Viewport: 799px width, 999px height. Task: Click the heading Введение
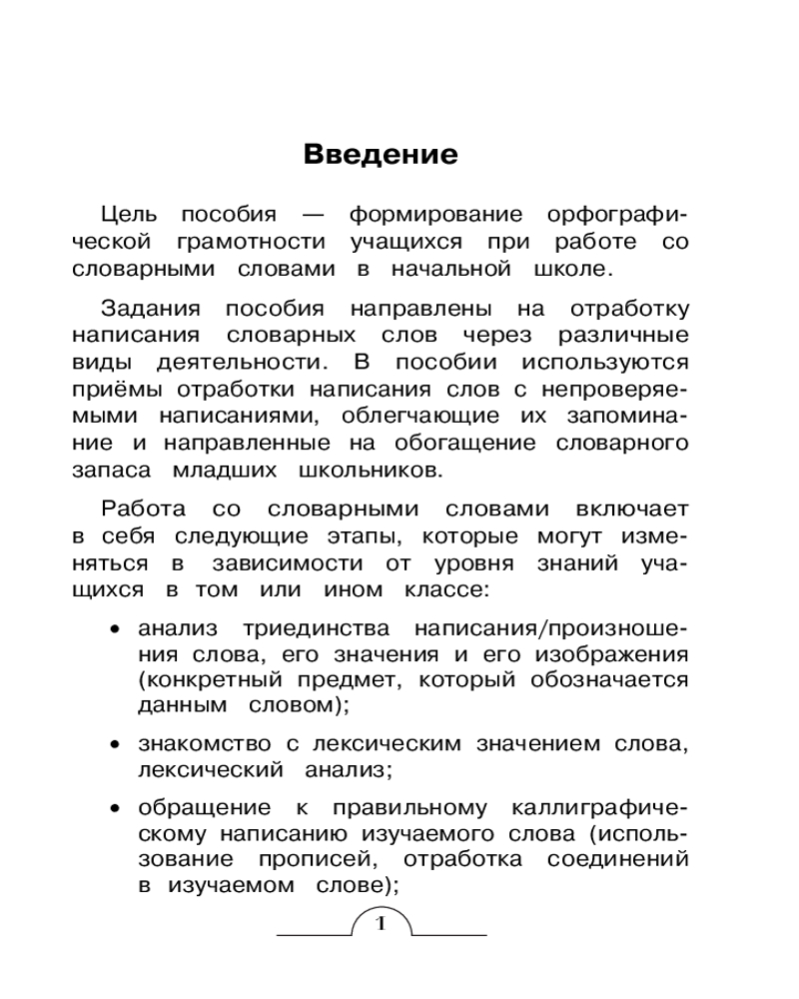(380, 155)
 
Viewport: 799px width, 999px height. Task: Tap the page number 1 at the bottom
(380, 921)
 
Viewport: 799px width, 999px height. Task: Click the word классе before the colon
(442, 590)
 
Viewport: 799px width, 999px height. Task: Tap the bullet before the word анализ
(116, 631)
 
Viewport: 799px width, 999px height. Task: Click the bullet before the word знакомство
(116, 745)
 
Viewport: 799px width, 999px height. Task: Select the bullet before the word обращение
(116, 807)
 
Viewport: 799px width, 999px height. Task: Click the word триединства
(305, 629)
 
